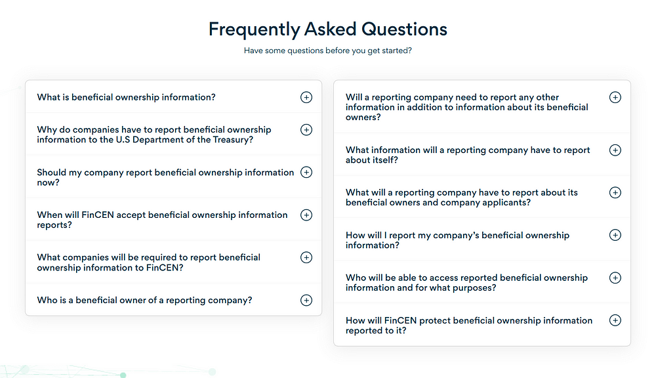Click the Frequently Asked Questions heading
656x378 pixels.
[x=328, y=30]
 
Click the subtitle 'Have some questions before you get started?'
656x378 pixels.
[x=328, y=51]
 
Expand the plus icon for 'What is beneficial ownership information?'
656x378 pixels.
[x=306, y=97]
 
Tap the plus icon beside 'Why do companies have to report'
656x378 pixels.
[x=306, y=130]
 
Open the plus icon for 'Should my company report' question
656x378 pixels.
[x=306, y=172]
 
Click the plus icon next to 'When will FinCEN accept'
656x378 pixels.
[x=306, y=215]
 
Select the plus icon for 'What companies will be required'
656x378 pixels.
[x=306, y=257]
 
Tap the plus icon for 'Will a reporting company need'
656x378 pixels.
[x=615, y=97]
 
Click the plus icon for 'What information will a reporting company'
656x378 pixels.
[x=615, y=150]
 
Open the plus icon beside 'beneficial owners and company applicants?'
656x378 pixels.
[x=615, y=192]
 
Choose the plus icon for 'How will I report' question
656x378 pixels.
[x=615, y=235]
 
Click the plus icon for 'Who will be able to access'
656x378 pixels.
[x=615, y=278]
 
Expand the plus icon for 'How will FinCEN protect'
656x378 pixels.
[x=615, y=320]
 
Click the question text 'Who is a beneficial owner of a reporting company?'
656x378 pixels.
[x=144, y=300]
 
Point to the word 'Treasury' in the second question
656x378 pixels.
[x=231, y=140]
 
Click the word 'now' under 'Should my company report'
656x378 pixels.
[x=46, y=182]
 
